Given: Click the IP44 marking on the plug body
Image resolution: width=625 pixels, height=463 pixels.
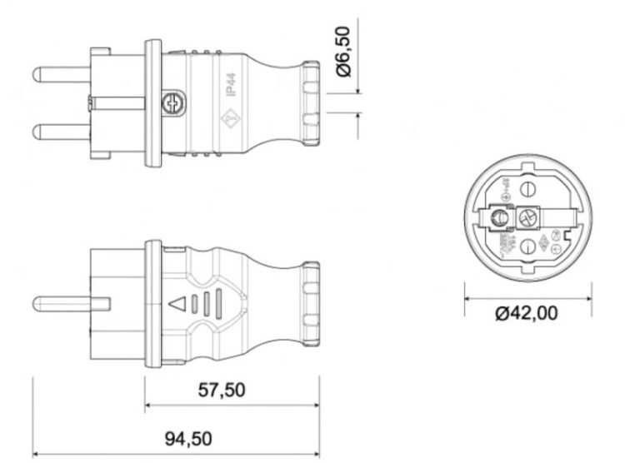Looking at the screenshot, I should [230, 85].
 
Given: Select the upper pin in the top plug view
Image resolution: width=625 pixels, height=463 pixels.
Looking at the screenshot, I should [58, 74].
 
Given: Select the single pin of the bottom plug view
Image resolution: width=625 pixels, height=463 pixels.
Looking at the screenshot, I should [67, 301].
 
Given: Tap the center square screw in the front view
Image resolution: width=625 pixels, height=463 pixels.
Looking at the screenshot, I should [527, 218].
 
